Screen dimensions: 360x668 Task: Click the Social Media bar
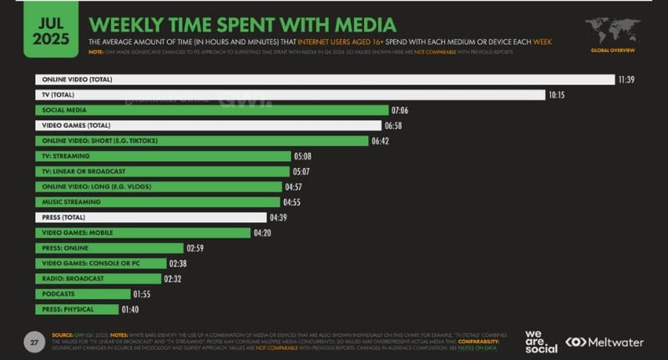212,109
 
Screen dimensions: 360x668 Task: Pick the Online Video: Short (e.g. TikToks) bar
202,140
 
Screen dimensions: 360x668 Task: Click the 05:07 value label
303,171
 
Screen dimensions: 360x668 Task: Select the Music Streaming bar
158,201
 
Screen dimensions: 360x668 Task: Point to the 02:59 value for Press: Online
196,248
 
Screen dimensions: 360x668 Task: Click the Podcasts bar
83,294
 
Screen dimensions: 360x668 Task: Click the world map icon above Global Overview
612,32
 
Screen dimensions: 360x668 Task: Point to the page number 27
34,342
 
